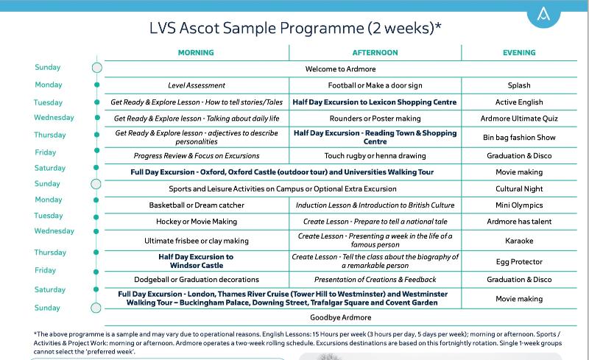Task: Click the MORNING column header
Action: point(196,53)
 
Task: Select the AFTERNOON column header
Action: point(375,53)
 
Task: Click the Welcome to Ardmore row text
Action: point(338,69)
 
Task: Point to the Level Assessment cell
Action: point(197,86)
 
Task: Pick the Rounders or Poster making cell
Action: point(375,119)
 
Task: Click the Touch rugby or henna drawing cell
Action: point(375,156)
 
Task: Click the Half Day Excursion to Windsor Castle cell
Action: point(196,261)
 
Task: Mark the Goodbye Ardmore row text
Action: point(338,317)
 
